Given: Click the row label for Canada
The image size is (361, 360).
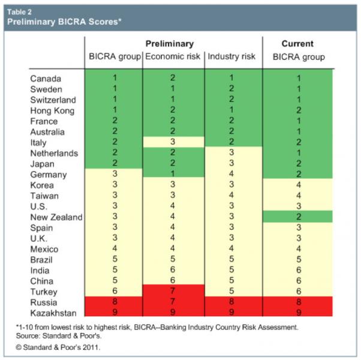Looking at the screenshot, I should coord(46,79).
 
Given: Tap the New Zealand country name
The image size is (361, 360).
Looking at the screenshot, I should coord(56,217).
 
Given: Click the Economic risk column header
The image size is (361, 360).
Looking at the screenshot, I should coord(173,57).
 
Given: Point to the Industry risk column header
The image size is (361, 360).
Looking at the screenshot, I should coord(231,57).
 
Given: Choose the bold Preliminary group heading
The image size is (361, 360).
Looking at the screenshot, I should coord(170,44).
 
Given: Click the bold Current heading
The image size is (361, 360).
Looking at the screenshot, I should coord(298,44).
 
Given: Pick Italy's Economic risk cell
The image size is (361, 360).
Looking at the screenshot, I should coord(173,142).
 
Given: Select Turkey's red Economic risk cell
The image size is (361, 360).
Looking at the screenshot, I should coord(173,291).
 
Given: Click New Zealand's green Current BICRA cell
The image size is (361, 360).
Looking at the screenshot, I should coord(298,217).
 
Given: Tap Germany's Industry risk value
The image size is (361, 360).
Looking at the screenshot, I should coord(231,175).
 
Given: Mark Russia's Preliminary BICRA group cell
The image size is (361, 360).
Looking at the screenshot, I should coord(114,302).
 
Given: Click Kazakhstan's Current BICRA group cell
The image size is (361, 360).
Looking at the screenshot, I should coord(298,313).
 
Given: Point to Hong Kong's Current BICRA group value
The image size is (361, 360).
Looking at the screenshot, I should coord(298,110).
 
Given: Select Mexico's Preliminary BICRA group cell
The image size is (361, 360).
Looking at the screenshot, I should coord(114,249).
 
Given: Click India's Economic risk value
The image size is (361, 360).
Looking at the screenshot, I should coord(173,270).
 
